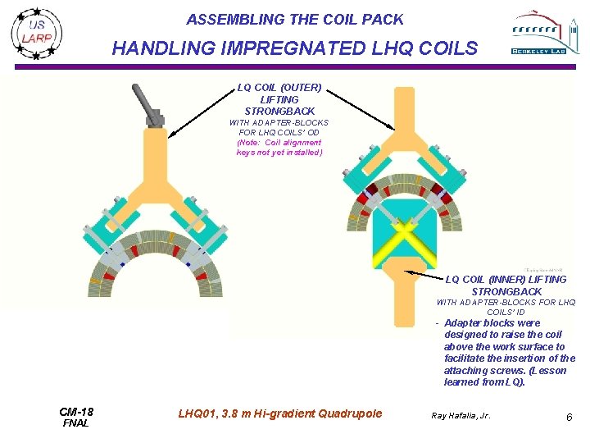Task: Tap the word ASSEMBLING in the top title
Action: point(227,19)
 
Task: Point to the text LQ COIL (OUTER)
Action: point(279,87)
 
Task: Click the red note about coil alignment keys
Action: point(279,147)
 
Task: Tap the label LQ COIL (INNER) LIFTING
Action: point(505,280)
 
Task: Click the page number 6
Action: point(568,418)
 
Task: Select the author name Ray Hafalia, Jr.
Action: point(461,416)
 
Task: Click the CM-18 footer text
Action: point(76,412)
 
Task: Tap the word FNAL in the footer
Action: point(75,423)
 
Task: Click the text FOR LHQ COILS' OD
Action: point(279,132)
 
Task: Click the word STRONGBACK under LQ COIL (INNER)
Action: point(506,291)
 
